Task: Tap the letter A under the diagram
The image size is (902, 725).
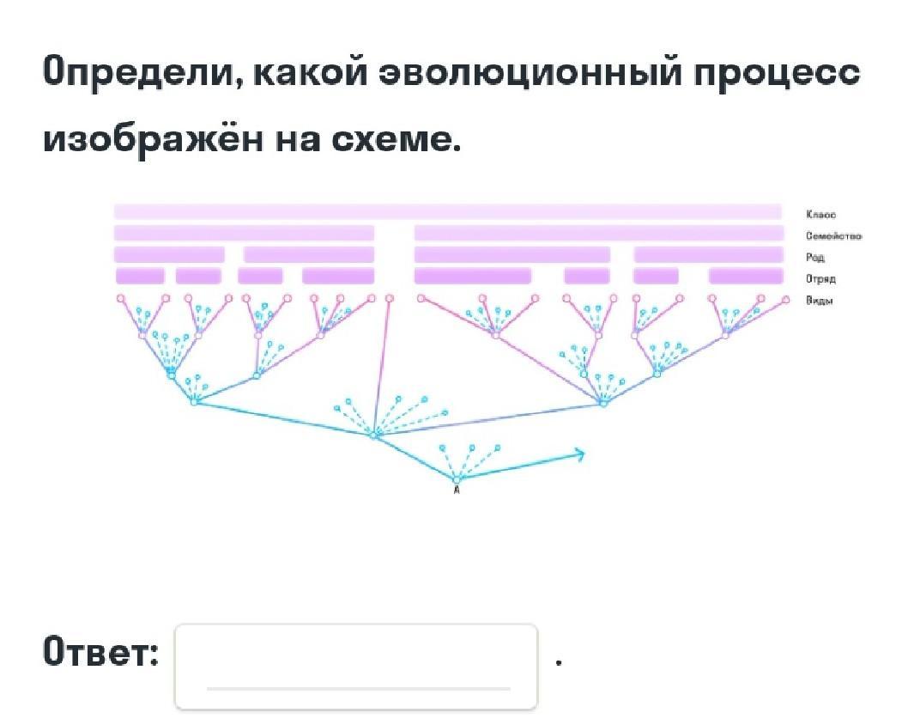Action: tap(456, 491)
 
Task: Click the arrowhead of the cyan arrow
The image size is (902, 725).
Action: tap(581, 454)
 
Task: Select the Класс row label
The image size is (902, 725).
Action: tap(820, 215)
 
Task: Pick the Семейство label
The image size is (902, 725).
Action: tap(833, 236)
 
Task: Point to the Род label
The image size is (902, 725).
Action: tap(815, 257)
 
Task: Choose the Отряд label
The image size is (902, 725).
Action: tap(821, 278)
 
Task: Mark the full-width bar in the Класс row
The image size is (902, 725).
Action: tap(447, 211)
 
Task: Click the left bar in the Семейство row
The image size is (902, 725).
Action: tap(244, 233)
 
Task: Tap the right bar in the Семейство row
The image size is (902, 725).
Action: tap(598, 233)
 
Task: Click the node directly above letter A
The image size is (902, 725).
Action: tap(456, 478)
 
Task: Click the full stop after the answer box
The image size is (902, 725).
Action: tap(559, 661)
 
